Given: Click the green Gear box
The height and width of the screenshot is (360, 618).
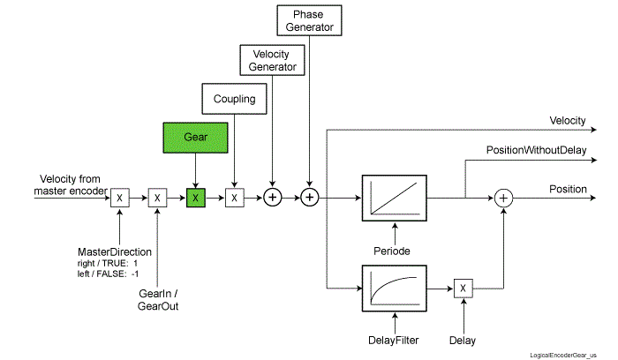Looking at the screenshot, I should (x=195, y=139).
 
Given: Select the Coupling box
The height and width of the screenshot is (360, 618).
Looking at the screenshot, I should (x=234, y=99).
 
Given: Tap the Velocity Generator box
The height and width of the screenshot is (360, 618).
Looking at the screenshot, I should (x=273, y=60).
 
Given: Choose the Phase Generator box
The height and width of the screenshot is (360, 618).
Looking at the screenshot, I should (x=309, y=20).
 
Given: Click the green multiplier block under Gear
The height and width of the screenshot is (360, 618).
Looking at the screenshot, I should (x=195, y=198).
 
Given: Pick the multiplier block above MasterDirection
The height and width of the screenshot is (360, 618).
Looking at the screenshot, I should (x=119, y=198).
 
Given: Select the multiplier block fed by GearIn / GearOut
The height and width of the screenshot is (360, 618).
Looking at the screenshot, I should (x=157, y=198).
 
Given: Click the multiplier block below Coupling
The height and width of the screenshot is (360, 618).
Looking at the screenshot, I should (x=234, y=198).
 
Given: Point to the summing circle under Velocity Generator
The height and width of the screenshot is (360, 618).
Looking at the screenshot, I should (x=273, y=198).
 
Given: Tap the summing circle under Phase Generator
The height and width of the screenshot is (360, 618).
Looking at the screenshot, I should (x=309, y=198).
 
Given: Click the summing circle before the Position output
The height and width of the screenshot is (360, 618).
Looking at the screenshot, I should (x=503, y=198).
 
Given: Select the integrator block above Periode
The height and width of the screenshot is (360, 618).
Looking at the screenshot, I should (x=395, y=198).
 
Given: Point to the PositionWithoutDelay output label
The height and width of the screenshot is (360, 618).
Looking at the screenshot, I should (x=536, y=150).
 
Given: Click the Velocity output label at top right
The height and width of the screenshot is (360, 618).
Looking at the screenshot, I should (x=568, y=120).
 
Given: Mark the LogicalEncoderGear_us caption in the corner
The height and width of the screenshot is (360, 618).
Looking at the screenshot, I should (x=564, y=350).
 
